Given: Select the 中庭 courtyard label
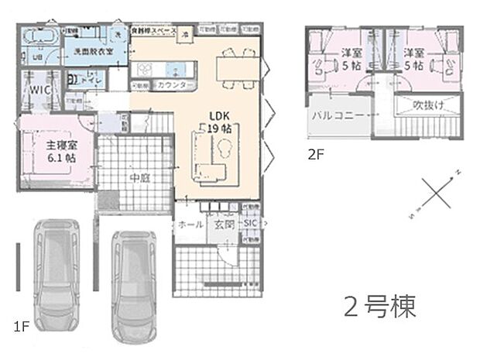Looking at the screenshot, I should click(139, 177).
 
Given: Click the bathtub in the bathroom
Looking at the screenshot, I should click(39, 36).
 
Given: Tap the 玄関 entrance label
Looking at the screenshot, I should click(223, 224).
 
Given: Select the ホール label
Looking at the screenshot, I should click(191, 224).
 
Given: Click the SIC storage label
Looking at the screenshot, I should click(249, 224).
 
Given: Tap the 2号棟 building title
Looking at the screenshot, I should click(379, 306).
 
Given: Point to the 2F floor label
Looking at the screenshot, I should click(316, 153).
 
